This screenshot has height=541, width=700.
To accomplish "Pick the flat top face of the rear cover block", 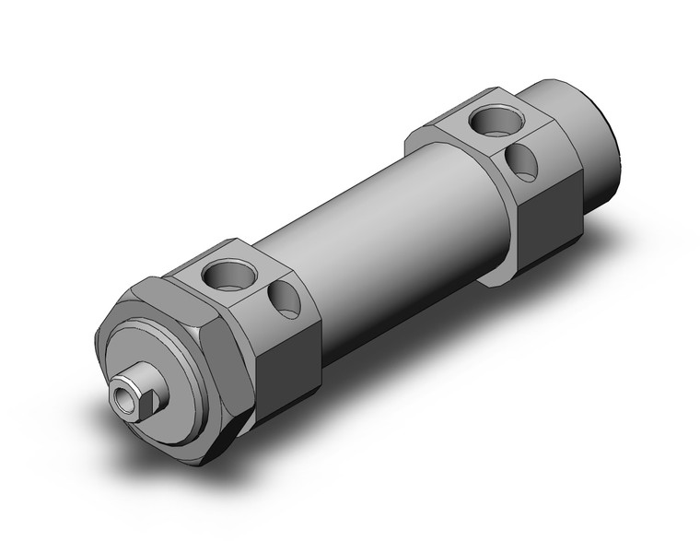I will [x=479, y=129].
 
